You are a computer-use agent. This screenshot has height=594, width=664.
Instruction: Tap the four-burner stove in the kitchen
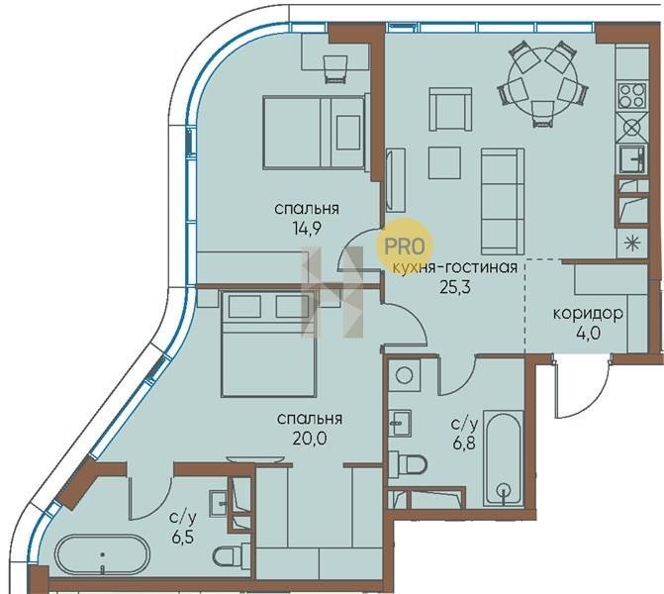631,95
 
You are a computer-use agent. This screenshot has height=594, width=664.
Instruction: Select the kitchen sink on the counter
631,159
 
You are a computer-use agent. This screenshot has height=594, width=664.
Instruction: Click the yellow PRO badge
404,247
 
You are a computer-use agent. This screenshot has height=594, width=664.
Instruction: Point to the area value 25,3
455,288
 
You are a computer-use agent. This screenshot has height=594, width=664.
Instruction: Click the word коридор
588,314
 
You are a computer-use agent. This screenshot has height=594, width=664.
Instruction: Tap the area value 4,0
588,333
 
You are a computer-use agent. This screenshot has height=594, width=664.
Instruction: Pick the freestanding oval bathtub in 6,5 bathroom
102,555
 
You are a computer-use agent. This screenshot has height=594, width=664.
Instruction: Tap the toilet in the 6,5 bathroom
232,555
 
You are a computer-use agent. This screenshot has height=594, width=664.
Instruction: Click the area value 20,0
309,439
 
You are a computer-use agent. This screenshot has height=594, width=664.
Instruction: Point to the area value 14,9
307,229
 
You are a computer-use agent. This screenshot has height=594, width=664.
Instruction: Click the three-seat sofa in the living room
503,201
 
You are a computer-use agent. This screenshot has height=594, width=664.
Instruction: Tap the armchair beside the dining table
450,109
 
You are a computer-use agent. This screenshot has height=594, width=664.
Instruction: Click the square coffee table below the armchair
444,162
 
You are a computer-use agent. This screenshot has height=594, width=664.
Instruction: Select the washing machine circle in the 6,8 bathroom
404,375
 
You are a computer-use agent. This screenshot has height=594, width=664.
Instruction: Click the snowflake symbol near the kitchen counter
630,243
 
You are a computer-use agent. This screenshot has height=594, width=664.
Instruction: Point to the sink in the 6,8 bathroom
400,423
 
